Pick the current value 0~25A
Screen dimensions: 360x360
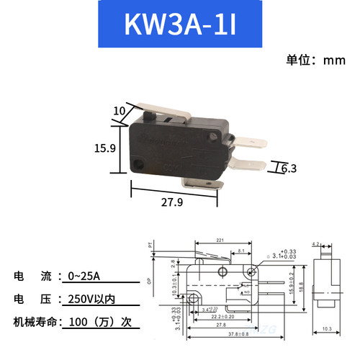click(85, 276)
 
